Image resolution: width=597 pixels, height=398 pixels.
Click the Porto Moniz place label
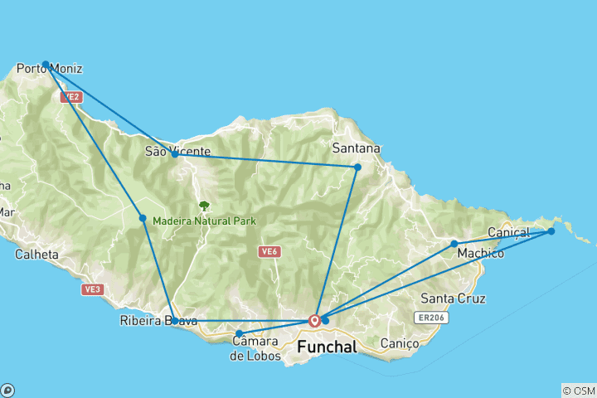click(x=50, y=69)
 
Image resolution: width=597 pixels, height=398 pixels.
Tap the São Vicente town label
click(x=172, y=151)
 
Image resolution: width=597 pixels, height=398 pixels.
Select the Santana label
click(x=356, y=148)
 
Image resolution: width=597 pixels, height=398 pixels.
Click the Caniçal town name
click(x=508, y=231)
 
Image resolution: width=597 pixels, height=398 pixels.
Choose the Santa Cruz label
click(x=453, y=298)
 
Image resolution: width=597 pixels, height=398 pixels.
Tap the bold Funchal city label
click(x=325, y=347)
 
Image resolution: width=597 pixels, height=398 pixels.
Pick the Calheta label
click(x=36, y=255)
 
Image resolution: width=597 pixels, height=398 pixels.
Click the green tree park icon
click(x=204, y=206)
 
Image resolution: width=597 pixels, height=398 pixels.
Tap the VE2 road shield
click(x=71, y=97)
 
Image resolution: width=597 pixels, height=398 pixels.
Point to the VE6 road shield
click(x=267, y=252)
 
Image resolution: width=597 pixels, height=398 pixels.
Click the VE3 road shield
click(x=91, y=289)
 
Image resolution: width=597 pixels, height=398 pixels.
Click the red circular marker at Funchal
click(x=314, y=320)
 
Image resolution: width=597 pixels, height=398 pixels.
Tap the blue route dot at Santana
click(x=357, y=167)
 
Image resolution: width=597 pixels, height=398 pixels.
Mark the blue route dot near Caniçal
click(x=551, y=231)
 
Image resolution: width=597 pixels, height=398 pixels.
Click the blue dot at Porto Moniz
click(x=46, y=64)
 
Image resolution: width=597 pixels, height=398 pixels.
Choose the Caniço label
click(x=393, y=343)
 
